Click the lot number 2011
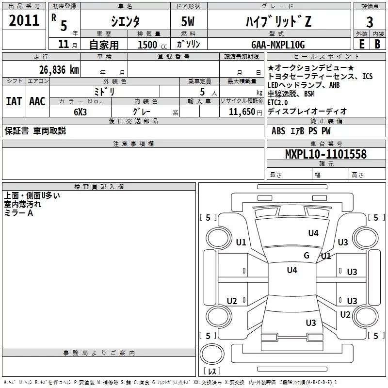[x=24, y=21]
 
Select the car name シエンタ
[x=125, y=21]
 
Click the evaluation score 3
[x=370, y=22]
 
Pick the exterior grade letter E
[x=361, y=44]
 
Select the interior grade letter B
[x=378, y=44]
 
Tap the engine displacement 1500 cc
[x=150, y=45]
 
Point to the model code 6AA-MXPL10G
[x=278, y=45]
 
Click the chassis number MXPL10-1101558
[x=325, y=154]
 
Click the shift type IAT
[x=14, y=101]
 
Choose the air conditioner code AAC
[x=37, y=101]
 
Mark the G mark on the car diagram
[x=307, y=256]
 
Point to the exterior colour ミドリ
[x=104, y=91]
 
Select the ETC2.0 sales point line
[x=277, y=102]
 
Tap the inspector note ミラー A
[x=18, y=213]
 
